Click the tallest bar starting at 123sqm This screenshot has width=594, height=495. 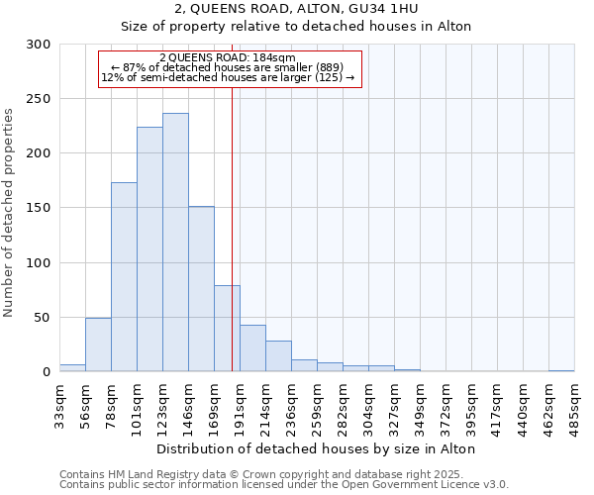(175, 243)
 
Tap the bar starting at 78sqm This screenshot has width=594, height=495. (124, 277)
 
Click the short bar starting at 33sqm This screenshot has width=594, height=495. (72, 368)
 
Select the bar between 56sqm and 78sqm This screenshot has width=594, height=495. (98, 345)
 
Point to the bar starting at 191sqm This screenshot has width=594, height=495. (252, 348)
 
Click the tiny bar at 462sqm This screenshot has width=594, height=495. (561, 370)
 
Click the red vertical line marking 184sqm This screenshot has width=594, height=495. (232, 198)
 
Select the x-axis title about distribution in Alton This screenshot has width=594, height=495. (316, 448)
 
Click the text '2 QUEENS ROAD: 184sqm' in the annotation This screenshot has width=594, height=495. (227, 58)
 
